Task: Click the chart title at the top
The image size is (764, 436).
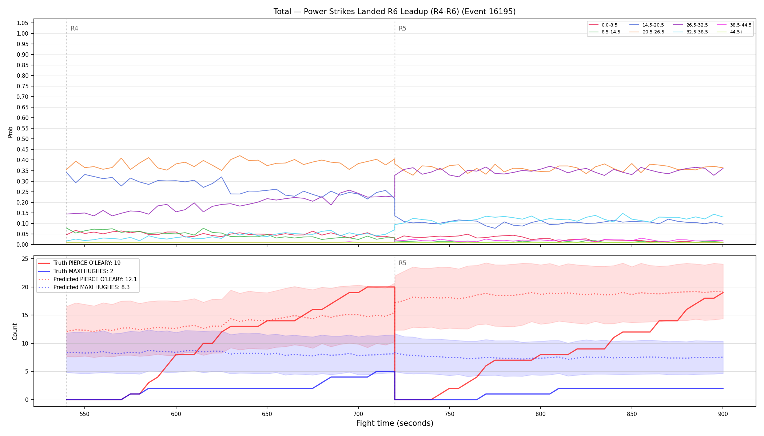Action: pyautogui.click(x=394, y=12)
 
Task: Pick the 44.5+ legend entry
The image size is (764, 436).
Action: pyautogui.click(x=730, y=32)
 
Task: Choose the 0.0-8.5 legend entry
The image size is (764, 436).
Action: pyautogui.click(x=603, y=25)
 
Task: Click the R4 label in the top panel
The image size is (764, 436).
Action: pyautogui.click(x=74, y=28)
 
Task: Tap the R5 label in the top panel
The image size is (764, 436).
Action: pyautogui.click(x=402, y=28)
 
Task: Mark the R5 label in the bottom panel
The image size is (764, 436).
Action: pyautogui.click(x=402, y=263)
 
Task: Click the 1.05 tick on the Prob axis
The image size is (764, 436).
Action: pyautogui.click(x=23, y=23)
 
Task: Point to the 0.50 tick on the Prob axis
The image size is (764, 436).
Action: pyautogui.click(x=23, y=139)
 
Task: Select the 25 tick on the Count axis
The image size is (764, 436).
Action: pyautogui.click(x=25, y=259)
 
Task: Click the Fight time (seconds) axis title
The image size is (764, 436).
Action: pyautogui.click(x=395, y=423)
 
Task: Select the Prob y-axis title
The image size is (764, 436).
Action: pyautogui.click(x=11, y=132)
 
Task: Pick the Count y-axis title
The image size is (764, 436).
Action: pyautogui.click(x=15, y=331)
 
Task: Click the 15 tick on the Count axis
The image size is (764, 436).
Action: pyautogui.click(x=25, y=315)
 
